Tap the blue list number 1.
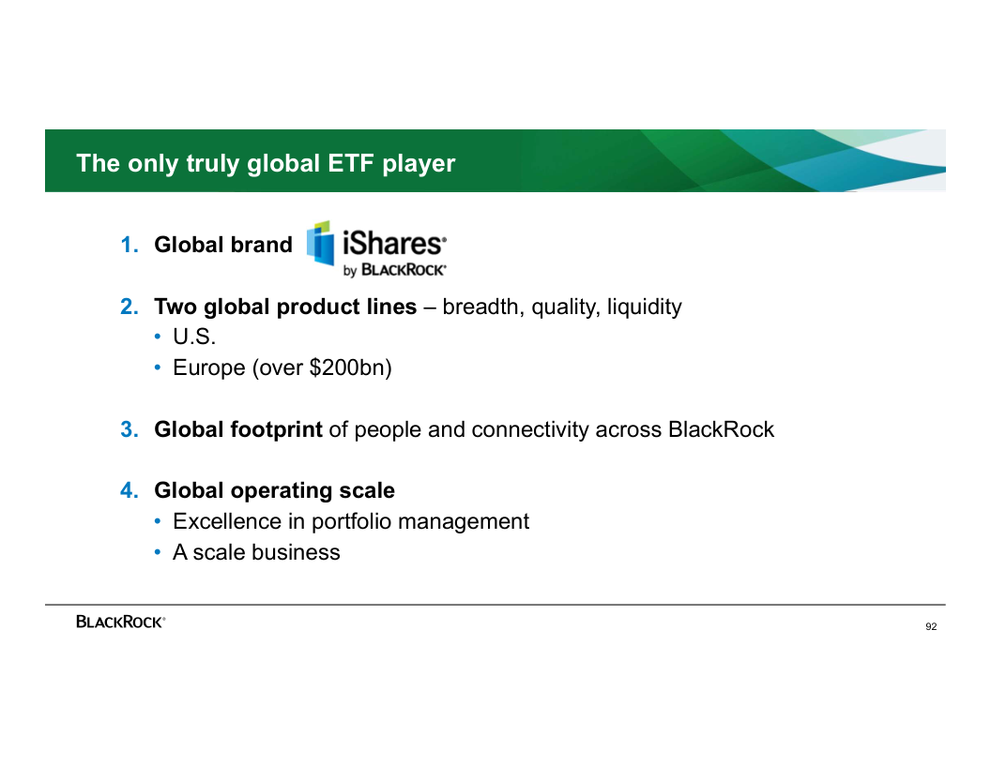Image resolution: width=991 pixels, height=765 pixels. (x=129, y=245)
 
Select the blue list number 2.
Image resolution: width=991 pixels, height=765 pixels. (x=129, y=307)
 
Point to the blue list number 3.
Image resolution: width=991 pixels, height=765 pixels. (x=129, y=429)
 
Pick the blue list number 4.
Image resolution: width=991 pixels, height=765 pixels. (x=129, y=490)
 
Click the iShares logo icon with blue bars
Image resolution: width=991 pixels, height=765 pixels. (x=320, y=243)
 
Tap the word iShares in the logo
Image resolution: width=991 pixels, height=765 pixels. (x=394, y=243)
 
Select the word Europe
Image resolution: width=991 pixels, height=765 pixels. (x=209, y=368)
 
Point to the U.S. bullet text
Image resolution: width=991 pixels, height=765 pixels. (x=194, y=337)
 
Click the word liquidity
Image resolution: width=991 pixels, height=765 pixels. (x=644, y=307)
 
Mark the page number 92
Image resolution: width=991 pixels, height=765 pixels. (x=931, y=627)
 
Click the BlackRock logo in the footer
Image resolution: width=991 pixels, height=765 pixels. (x=120, y=622)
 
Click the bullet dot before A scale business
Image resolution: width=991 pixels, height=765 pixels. (x=158, y=553)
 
